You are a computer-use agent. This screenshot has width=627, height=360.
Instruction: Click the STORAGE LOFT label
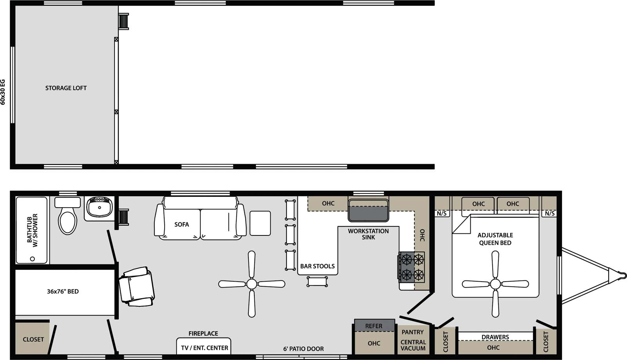tap(66, 88)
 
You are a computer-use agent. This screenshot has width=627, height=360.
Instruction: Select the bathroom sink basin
tap(99, 207)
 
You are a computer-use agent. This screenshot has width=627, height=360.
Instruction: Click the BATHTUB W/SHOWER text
tap(32, 230)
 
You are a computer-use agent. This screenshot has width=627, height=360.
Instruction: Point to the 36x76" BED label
tap(62, 291)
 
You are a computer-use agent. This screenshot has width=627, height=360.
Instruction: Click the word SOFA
tap(181, 224)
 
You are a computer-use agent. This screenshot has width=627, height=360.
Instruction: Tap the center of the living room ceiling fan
tap(252, 284)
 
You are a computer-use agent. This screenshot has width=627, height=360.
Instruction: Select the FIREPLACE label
tap(203, 333)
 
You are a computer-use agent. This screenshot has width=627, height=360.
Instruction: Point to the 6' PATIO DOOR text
tap(303, 349)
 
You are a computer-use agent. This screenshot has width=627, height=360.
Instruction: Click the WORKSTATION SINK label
tap(368, 234)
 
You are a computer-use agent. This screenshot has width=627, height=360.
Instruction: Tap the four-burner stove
tap(412, 267)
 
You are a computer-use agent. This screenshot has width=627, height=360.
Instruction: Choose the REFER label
tap(374, 326)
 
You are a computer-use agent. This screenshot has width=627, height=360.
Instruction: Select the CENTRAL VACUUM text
tap(413, 345)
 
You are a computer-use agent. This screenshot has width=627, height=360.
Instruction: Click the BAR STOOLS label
tap(317, 266)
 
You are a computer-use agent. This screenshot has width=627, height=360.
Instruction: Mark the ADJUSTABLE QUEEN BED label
tap(495, 239)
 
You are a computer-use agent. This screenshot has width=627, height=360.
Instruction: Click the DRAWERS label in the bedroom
tap(495, 337)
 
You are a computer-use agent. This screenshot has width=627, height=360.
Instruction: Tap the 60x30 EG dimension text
tap(3, 92)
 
